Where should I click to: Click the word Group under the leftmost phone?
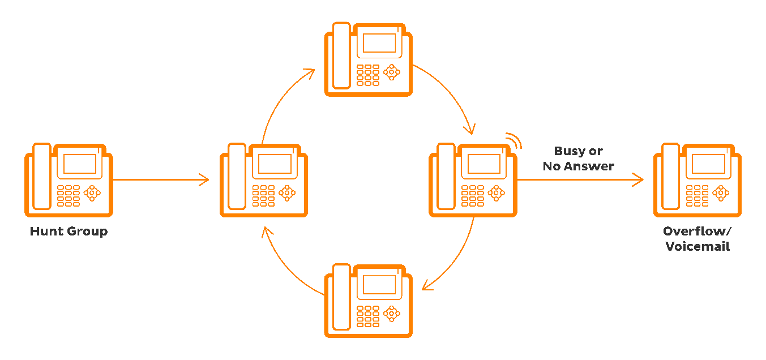88,232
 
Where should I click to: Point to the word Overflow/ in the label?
697,232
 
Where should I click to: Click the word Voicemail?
697,247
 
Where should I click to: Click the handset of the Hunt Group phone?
42,177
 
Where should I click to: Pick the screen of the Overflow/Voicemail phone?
708,164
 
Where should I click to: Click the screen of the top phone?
379,43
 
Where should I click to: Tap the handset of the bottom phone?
341,297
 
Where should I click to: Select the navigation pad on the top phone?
391,72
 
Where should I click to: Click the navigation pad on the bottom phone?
391,313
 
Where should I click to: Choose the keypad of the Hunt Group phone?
68,196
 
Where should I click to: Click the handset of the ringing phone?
446,177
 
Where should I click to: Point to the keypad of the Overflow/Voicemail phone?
697,196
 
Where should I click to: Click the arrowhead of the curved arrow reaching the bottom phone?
427,285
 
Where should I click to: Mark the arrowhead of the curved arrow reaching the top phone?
309,74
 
